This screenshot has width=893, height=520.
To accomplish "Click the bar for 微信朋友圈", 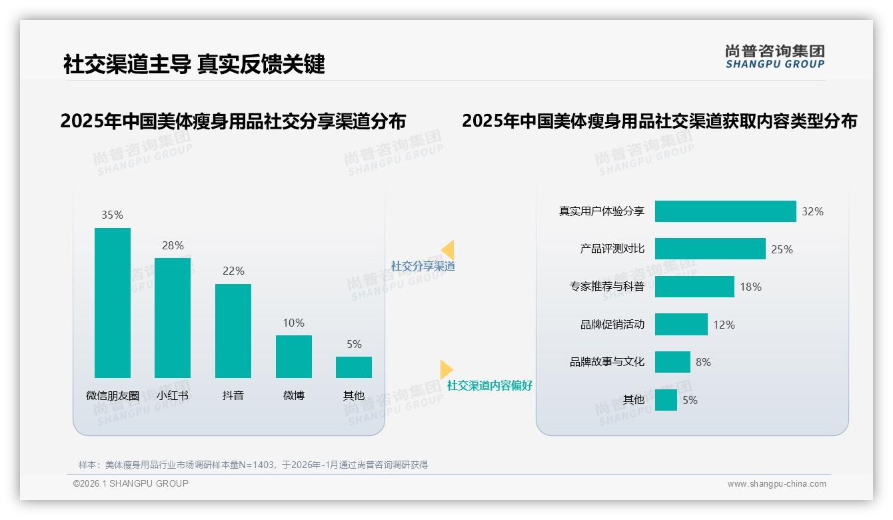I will coord(113,303).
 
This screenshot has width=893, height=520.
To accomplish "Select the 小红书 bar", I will coord(173,317).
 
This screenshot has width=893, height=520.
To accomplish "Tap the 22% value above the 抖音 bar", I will coord(233,271).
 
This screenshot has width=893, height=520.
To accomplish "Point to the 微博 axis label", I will coord(294,395).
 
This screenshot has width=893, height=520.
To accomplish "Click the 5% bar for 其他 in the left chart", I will coord(354,367).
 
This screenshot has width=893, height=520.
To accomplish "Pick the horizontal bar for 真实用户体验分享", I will coord(725,211).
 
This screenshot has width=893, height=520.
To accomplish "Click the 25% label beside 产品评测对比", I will coord(782,249).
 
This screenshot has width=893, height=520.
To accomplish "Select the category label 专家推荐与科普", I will coord(606,287).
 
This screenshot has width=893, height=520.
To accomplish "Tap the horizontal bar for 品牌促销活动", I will coord(681,325).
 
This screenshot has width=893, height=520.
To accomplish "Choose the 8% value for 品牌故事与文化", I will coord(703,362).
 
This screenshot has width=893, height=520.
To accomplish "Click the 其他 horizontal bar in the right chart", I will coord(666,400).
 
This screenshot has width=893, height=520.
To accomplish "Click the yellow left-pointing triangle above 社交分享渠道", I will coord(448,250).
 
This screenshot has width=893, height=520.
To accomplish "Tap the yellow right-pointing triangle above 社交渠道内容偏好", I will coord(446,369).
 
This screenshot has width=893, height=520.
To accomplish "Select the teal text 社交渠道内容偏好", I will coord(489,386).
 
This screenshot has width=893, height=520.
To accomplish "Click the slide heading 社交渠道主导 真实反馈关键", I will coord(194,64).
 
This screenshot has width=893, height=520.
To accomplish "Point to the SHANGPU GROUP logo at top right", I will coord(774,57).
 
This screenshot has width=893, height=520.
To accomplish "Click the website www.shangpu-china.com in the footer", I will coord(776,484).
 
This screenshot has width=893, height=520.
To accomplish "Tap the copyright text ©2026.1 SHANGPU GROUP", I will coord(131,483).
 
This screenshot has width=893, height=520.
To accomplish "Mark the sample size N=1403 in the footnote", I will coord(257,465).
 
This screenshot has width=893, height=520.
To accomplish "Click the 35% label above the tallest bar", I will coord(113,215).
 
